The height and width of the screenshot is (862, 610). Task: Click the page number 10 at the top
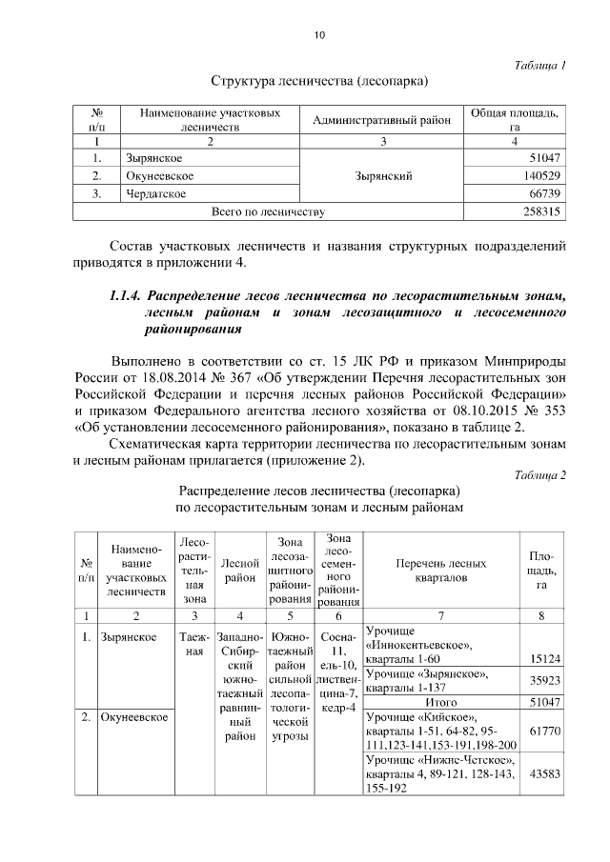319,35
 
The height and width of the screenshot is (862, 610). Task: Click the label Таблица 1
539,65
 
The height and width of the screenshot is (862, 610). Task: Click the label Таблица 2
539,474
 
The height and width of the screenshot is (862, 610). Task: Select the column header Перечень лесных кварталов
439,569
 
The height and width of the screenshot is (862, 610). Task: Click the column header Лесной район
240,570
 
